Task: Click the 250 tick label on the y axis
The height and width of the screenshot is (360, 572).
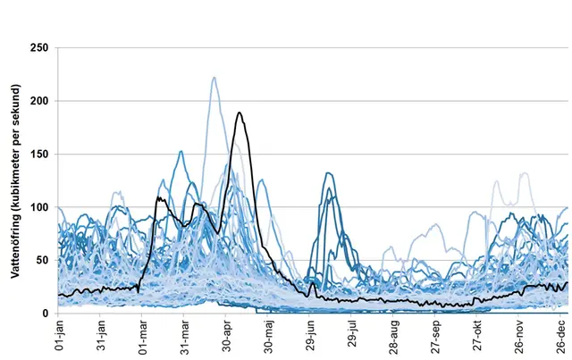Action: (x=38, y=47)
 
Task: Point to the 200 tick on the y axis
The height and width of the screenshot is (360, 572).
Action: (x=38, y=101)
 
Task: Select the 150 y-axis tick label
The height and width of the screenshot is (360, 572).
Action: (x=38, y=154)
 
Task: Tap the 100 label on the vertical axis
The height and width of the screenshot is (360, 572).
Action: (x=38, y=207)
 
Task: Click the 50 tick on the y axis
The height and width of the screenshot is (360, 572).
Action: (x=42, y=260)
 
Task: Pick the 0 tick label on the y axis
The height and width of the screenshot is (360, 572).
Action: (x=46, y=314)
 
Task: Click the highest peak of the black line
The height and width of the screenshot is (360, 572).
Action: (x=239, y=113)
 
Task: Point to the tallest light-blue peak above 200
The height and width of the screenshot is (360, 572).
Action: (x=214, y=78)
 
